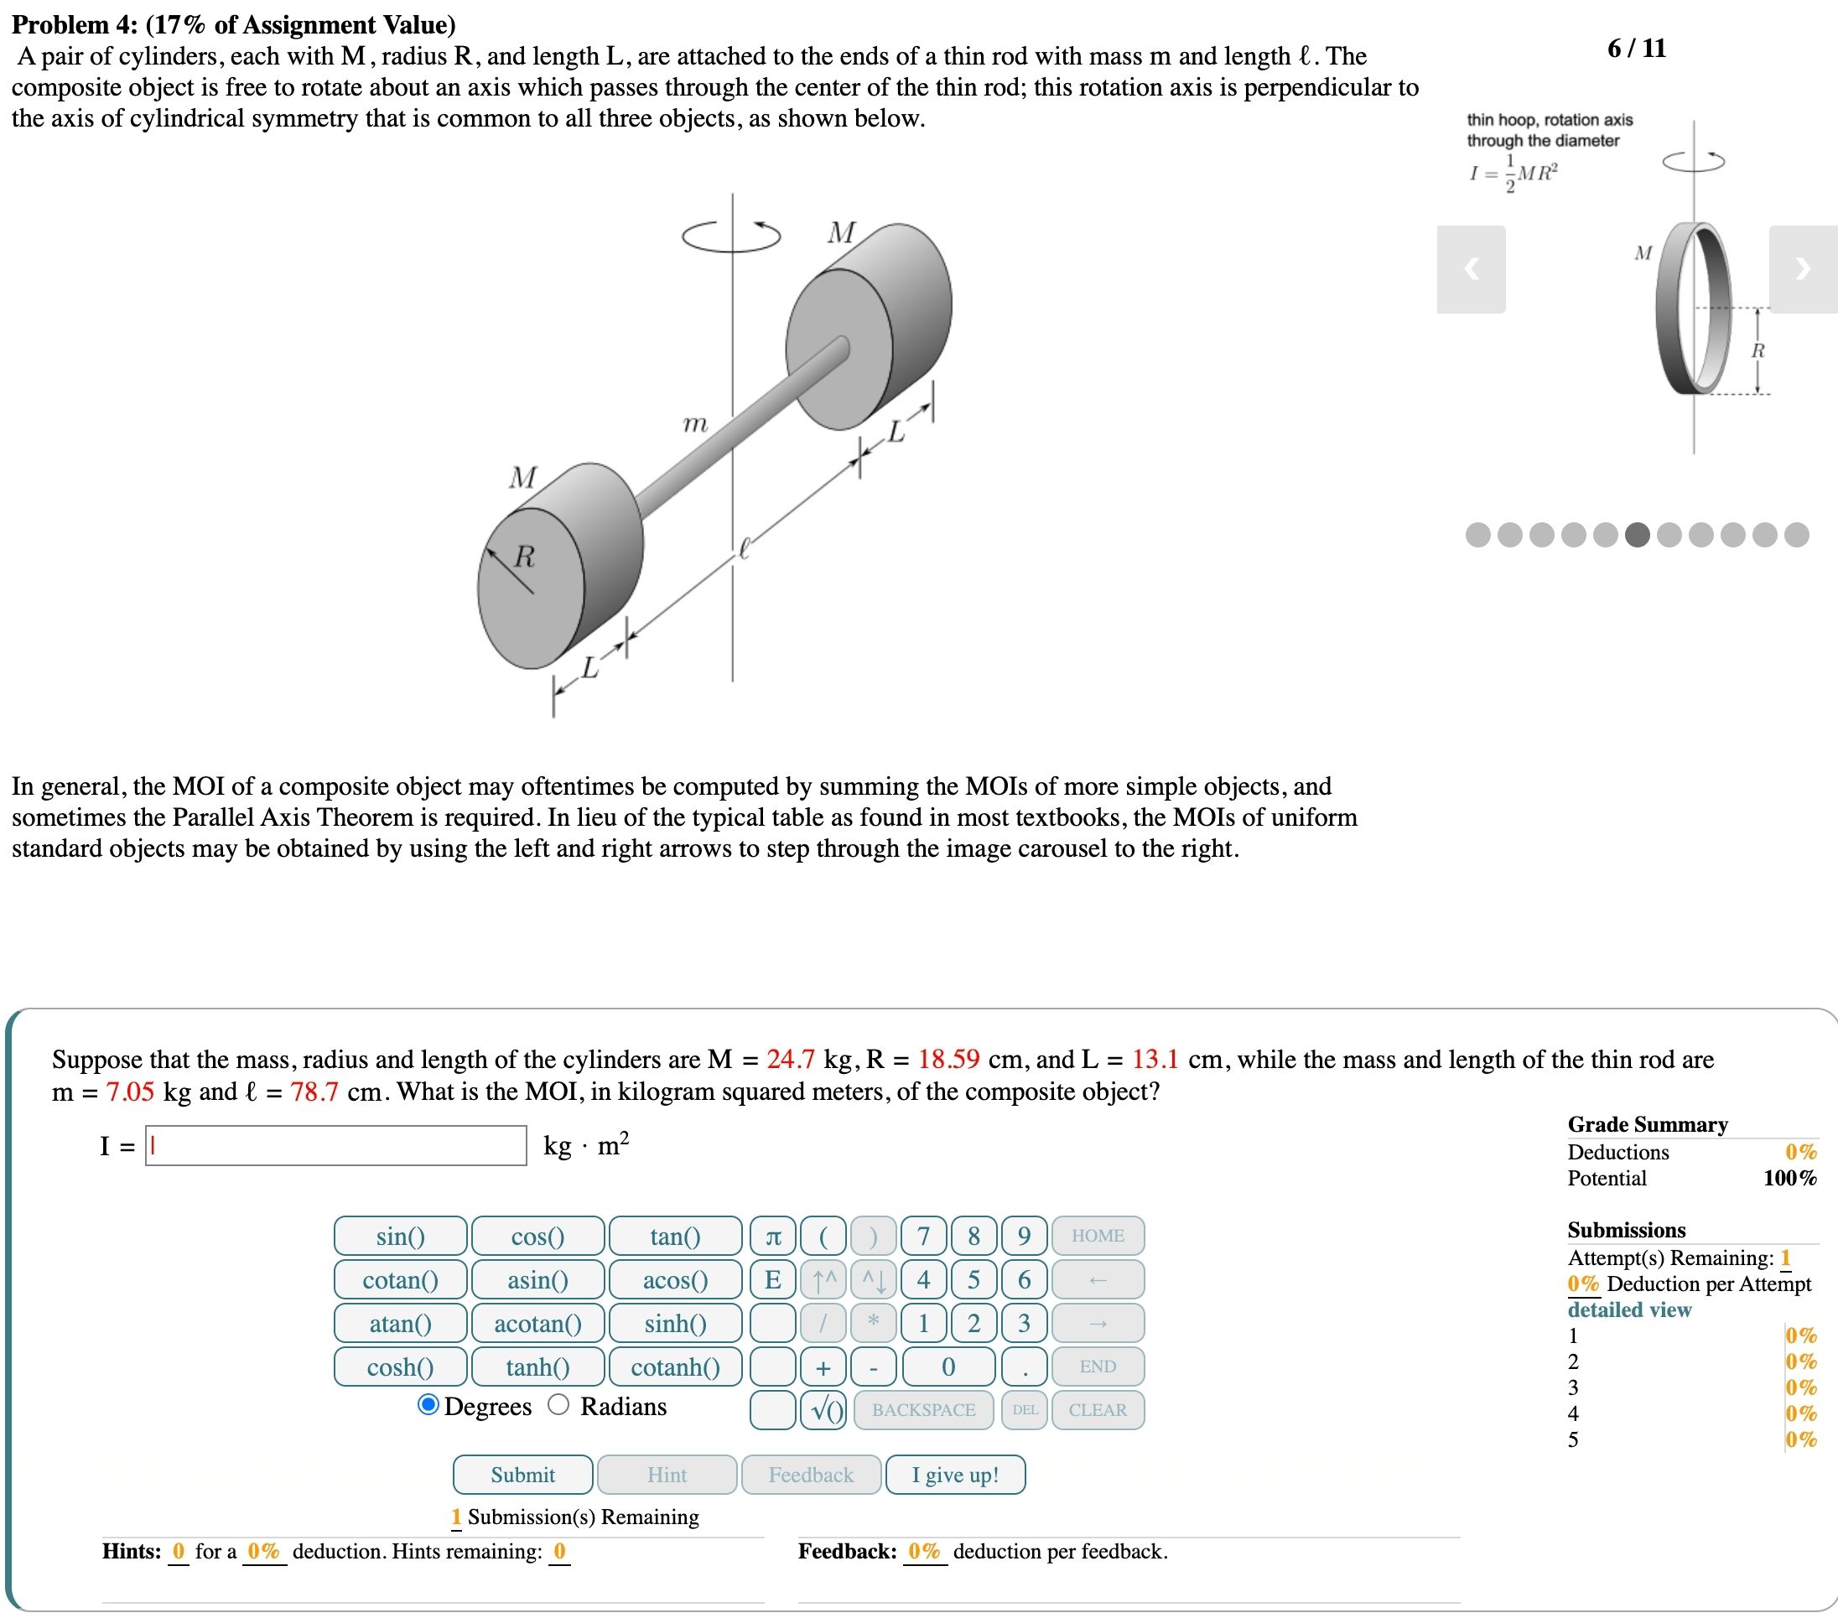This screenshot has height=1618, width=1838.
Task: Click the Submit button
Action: click(x=522, y=1474)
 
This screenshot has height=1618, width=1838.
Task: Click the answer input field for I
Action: click(x=336, y=1145)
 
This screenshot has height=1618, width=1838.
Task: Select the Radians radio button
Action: click(x=558, y=1405)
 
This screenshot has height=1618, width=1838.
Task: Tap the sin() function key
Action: click(x=400, y=1236)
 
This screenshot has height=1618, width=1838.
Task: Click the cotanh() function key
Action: click(x=675, y=1366)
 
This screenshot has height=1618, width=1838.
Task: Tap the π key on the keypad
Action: click(x=772, y=1236)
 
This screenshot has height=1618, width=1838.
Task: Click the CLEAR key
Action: click(x=1097, y=1409)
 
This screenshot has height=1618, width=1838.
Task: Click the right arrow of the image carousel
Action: click(x=1802, y=269)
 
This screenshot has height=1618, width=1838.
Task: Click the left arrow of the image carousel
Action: click(x=1471, y=269)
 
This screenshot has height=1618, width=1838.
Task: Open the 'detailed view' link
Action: click(x=1628, y=1309)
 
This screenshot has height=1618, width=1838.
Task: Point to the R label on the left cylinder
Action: click(x=524, y=557)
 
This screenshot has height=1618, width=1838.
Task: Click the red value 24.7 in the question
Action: click(x=791, y=1059)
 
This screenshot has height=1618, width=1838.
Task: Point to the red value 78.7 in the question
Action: click(x=314, y=1092)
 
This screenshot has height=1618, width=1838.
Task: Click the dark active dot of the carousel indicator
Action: click(x=1638, y=535)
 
